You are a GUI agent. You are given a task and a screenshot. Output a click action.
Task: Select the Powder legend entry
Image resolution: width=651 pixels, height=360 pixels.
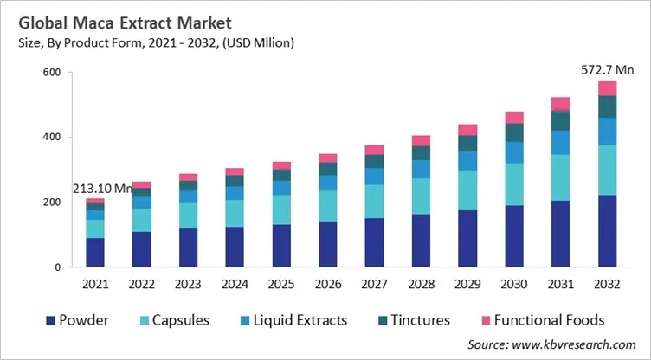pos(79,320)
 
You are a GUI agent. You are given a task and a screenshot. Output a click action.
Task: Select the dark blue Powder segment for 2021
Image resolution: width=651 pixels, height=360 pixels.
pos(95,252)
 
